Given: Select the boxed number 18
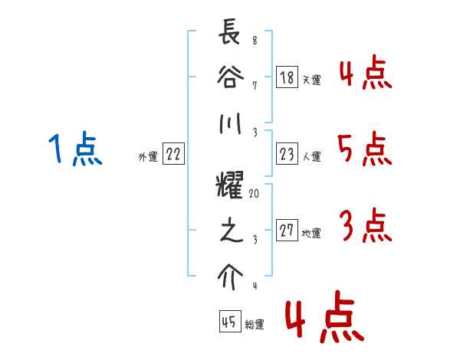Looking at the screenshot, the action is coord(287,77).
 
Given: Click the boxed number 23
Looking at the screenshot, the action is coord(287,155).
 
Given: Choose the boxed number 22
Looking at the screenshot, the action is coord(173,155).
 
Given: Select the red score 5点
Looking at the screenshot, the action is coord(364,149).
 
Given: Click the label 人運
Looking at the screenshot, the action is coord(311,157).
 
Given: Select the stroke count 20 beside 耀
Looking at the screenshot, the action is coord(254,195).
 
